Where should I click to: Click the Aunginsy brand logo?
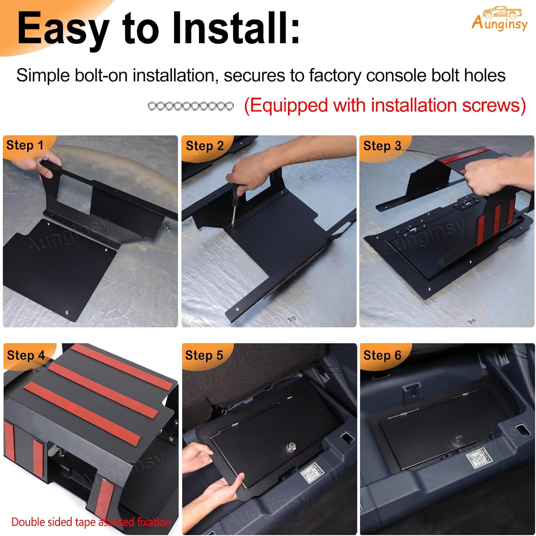click(500, 20)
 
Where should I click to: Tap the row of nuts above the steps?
click(190, 106)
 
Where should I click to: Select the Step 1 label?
click(25, 145)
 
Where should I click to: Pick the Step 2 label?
click(204, 146)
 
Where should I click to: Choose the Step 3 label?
click(382, 146)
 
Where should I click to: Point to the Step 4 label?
click(26, 355)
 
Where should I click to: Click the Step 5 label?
click(204, 355)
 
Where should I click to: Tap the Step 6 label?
click(382, 355)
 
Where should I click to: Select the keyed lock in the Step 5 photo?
click(291, 447)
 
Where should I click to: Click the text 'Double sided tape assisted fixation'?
click(91, 522)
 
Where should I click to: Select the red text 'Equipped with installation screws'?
click(384, 105)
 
